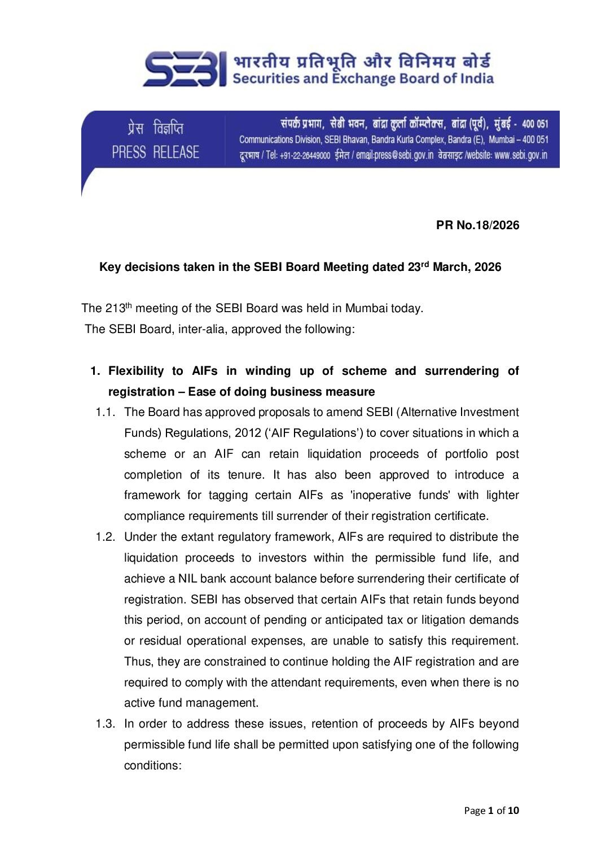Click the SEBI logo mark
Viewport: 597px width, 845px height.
coord(186,69)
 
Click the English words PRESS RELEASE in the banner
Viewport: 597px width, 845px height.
coord(155,152)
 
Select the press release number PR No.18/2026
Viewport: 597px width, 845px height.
coord(477,225)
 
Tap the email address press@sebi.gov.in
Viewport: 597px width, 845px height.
coord(394,155)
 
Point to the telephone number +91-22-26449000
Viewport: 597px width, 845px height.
coord(305,156)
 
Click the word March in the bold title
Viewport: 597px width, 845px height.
coord(451,267)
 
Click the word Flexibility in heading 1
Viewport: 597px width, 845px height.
coord(135,371)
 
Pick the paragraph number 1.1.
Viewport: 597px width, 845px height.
coord(105,412)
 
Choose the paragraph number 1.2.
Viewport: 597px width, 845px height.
coord(105,537)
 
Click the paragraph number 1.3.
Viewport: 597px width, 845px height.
coord(105,724)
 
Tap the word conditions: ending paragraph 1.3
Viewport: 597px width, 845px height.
coord(153,765)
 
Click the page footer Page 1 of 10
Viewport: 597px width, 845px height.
coord(491,811)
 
